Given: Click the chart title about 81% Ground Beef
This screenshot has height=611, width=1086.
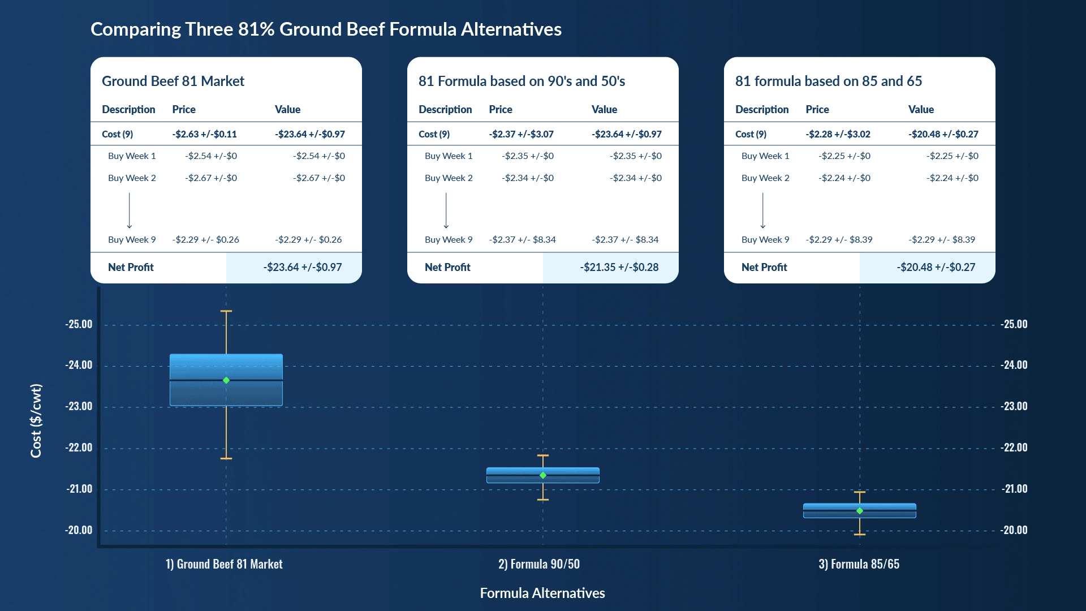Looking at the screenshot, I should point(326,29).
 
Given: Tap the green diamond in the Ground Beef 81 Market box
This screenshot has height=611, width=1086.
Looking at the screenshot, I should point(226,380).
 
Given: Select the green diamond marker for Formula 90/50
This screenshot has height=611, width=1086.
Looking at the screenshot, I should point(543,475).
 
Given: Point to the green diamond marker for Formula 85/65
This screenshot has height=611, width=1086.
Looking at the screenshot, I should point(860,511).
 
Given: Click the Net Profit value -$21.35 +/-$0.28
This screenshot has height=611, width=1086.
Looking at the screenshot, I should point(619,267).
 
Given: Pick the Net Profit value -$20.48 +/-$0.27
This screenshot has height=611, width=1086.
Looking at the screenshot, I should point(936,267).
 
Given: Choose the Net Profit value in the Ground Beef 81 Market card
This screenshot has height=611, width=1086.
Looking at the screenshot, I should point(302,267).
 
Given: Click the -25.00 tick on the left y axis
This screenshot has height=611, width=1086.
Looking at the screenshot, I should point(79,324).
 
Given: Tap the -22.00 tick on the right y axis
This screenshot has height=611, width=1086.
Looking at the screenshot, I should point(1014,448).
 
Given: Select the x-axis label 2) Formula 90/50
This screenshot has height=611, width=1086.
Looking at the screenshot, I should point(538,564).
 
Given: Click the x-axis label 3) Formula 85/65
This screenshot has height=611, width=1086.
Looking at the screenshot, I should point(859,564).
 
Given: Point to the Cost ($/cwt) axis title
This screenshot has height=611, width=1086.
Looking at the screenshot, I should point(36,420).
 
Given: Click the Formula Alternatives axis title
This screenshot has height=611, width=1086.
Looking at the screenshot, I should point(542,593).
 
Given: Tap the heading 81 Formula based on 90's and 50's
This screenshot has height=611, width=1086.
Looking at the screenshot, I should point(522,81).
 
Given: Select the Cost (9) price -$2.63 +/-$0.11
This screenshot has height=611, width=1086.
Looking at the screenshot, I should point(204,134).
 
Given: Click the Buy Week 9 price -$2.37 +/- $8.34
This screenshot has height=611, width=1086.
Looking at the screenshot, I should point(522,239).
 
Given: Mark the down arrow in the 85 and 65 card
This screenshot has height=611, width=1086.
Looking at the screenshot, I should point(762,210).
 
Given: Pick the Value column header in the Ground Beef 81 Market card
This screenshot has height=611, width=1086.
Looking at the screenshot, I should point(287,109).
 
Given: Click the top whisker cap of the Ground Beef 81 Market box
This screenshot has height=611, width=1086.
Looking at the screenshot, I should point(226,311).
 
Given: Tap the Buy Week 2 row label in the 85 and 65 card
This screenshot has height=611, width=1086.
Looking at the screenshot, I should point(765,178).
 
